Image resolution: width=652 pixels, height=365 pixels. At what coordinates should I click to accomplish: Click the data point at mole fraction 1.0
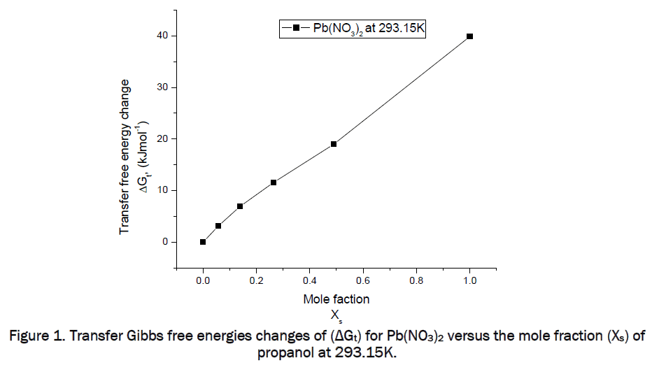point(469,36)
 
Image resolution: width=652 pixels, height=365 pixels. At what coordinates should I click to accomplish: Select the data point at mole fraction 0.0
point(203,242)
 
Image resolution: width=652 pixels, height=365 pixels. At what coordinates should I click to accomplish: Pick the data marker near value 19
point(334,144)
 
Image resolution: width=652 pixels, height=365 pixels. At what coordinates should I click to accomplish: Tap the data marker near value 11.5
point(274,182)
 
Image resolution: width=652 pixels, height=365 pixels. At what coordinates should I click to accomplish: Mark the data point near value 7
point(240,206)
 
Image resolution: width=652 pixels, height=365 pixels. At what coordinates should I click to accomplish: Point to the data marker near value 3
point(218,226)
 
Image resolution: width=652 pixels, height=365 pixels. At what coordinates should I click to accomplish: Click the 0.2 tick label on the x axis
point(256,280)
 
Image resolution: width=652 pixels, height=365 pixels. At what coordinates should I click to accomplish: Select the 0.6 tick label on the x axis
point(363,280)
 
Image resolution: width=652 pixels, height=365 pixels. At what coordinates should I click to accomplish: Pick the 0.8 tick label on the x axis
point(416,280)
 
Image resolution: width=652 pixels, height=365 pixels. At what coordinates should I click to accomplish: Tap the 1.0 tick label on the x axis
point(469,280)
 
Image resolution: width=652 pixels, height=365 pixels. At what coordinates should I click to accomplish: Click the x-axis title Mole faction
point(336,299)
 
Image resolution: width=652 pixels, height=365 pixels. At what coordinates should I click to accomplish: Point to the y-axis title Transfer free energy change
point(125,157)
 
